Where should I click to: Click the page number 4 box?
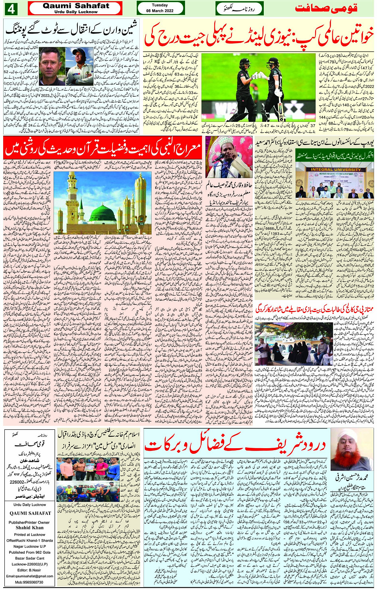[10, 8]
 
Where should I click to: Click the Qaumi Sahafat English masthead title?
[76, 6]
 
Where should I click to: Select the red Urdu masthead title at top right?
[326, 8]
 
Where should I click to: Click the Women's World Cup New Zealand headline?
[259, 36]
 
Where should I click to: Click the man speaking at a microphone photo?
[229, 157]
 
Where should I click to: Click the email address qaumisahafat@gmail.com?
[30, 576]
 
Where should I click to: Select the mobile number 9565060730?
[30, 582]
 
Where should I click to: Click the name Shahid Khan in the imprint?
[30, 527]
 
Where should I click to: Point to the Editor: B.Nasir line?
[30, 570]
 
